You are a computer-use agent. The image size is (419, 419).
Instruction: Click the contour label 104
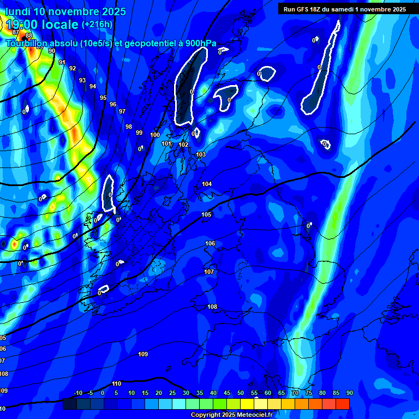coord(207,184)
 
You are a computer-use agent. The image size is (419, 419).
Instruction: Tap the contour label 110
coord(116,384)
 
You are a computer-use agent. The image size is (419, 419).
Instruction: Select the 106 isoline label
coord(210,243)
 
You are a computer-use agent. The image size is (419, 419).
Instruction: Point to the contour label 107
coord(209,272)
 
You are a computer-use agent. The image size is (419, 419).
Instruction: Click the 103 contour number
coord(201,155)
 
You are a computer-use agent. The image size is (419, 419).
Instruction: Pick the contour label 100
coord(155,135)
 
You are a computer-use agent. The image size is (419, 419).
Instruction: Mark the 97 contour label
coord(122,111)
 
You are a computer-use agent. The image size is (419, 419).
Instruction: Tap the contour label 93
coord(82,80)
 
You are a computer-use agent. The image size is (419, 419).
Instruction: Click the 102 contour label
coord(183,145)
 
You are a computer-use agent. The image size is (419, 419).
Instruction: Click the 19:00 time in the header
coord(24,25)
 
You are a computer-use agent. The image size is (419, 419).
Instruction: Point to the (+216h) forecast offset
coord(97,25)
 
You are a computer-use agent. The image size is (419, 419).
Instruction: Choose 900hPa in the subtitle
coord(200,43)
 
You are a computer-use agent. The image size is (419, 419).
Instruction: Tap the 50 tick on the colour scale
coord(240,393)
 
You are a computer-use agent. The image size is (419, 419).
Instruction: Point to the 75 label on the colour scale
coord(308,393)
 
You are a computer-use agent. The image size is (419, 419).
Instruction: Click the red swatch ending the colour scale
coord(342,404)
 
